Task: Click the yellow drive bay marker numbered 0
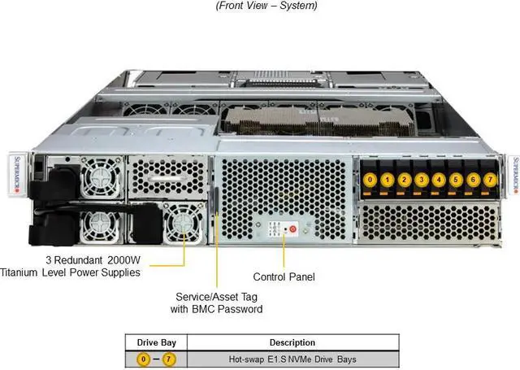coord(370,180)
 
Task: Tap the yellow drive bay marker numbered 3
coord(422,180)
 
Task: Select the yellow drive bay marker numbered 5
coord(456,180)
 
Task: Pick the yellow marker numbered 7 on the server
coord(489,180)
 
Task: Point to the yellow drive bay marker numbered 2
coord(405,180)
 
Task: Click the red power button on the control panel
coord(293,230)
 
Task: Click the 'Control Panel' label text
coord(284,276)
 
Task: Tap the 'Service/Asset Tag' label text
coord(218,297)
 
